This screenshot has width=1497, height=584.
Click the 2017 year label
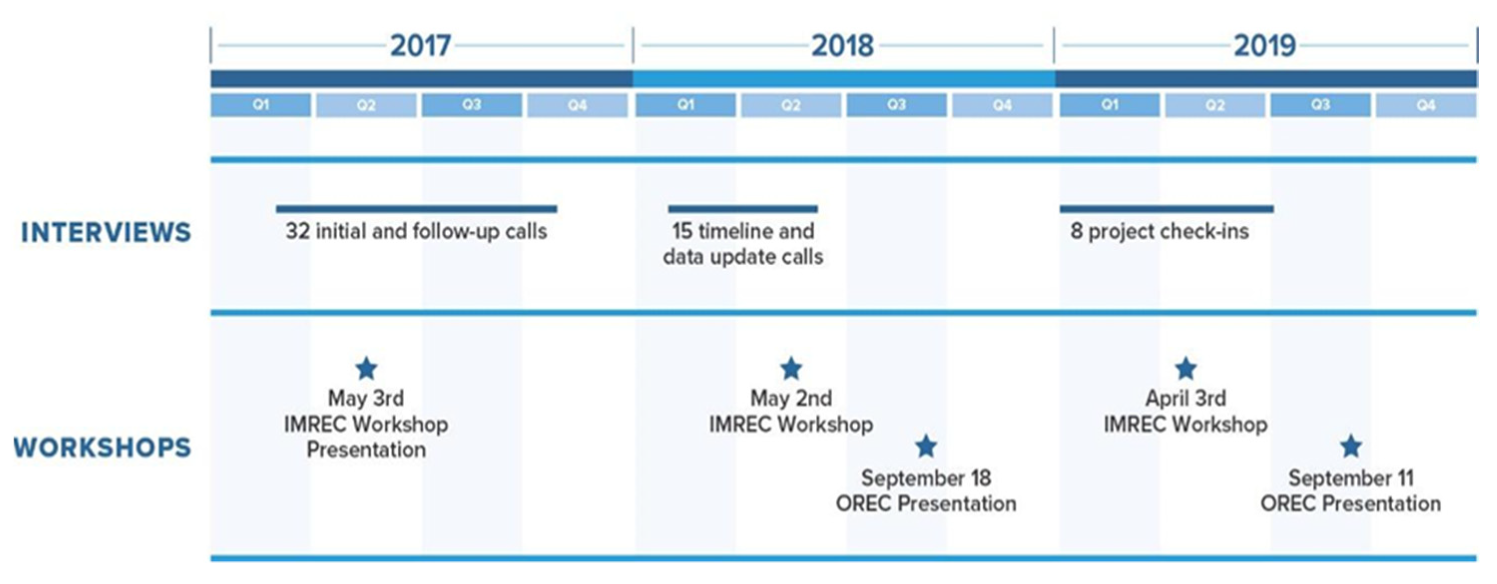[x=420, y=46]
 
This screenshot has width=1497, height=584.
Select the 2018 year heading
[x=843, y=46]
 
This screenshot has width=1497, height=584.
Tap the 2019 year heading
[x=1265, y=46]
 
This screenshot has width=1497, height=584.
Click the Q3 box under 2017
[x=471, y=105]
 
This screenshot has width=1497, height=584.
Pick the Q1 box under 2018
[x=685, y=105]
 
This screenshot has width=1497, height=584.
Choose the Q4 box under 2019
[x=1426, y=105]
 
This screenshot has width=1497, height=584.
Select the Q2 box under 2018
[x=791, y=105]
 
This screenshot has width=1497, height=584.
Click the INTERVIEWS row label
[x=106, y=232]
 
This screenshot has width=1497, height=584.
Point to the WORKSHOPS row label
[x=102, y=447]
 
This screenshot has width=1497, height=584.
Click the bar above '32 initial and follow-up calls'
[x=417, y=208]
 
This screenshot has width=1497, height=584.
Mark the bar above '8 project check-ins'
[x=1167, y=208]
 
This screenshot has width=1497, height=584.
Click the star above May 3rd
[x=367, y=369]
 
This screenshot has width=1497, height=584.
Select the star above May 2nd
[x=791, y=369]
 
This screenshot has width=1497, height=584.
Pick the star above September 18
[x=926, y=446]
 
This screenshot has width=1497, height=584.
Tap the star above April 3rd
[x=1186, y=369]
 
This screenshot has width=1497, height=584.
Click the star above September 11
[x=1351, y=446]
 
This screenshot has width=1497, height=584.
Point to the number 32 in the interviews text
[x=297, y=231]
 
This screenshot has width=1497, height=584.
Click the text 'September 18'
[x=926, y=478]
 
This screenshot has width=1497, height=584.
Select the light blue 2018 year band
[x=844, y=79]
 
